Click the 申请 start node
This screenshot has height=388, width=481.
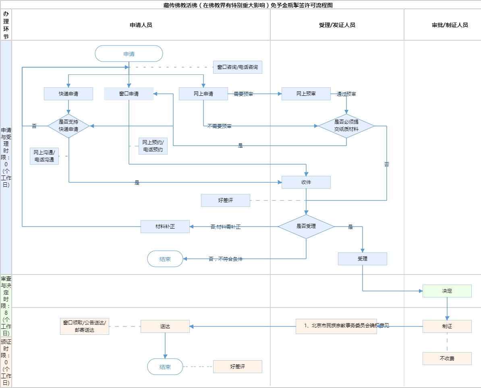[x=129, y=54]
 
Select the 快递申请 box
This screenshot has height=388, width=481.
[x=68, y=94]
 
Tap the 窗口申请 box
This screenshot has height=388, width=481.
[x=129, y=94]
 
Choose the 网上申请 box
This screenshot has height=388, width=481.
[x=203, y=94]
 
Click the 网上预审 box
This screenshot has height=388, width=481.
[x=306, y=94]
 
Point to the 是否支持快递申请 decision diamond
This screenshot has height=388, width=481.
[x=68, y=126]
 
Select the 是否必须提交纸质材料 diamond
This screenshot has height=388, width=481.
[x=346, y=126]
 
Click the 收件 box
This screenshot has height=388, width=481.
[x=306, y=182]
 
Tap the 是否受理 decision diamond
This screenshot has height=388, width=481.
[x=306, y=226]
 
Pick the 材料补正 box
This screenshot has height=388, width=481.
[x=165, y=227]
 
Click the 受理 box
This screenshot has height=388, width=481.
[x=363, y=259]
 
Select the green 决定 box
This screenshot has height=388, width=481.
[x=447, y=291]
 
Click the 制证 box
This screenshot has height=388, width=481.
[x=447, y=326]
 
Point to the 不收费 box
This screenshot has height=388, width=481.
[x=447, y=359]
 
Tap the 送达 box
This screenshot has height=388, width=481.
[x=165, y=326]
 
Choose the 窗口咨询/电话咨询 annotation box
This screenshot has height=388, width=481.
[x=238, y=67]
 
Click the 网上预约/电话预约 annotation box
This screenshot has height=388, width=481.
[x=153, y=146]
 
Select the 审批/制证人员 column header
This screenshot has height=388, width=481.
[x=450, y=25]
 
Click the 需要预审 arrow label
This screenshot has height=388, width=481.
[x=244, y=94]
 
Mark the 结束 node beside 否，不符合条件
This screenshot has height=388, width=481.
[x=165, y=259]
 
